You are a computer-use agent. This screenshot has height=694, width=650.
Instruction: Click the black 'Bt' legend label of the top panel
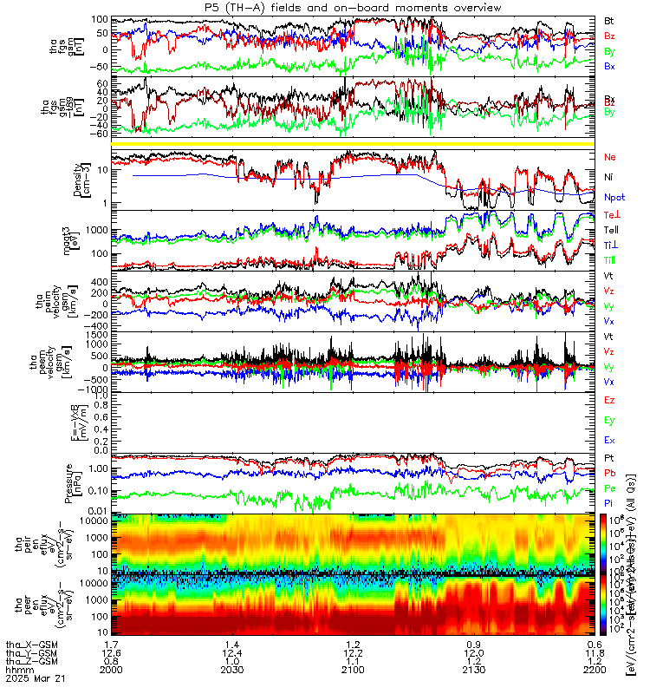(609, 19)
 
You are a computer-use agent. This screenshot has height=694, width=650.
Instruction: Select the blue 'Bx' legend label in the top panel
(609, 66)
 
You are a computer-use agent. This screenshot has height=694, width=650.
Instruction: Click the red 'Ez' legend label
(610, 400)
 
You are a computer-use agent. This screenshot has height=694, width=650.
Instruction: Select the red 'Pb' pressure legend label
(610, 473)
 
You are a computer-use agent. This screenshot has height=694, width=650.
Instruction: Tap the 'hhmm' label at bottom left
(17, 670)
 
